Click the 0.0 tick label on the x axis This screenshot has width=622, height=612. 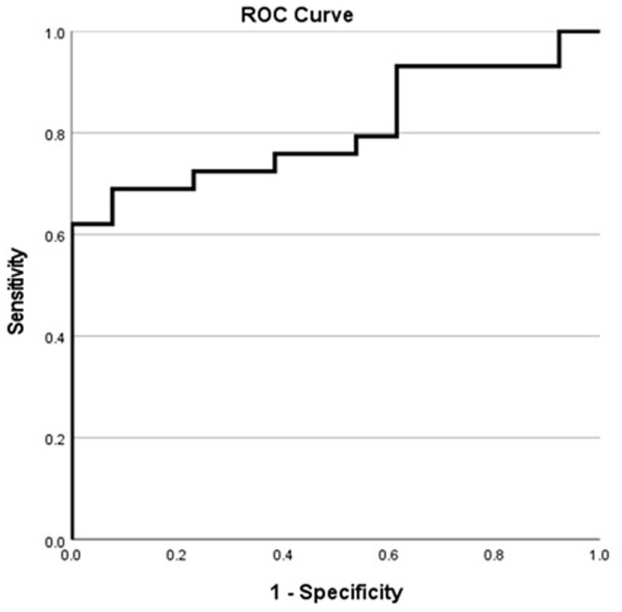click(x=72, y=555)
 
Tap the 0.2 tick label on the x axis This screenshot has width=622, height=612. click(x=178, y=555)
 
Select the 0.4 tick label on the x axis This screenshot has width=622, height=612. click(x=283, y=555)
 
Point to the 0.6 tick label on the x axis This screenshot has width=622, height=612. click(x=388, y=555)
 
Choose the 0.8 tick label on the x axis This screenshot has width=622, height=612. click(x=494, y=555)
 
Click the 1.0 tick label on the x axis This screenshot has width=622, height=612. click(x=599, y=555)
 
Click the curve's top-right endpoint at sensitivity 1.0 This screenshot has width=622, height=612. click(x=599, y=31)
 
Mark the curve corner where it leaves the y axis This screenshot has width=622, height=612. click(x=72, y=224)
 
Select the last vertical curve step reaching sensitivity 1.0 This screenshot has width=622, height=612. click(x=560, y=49)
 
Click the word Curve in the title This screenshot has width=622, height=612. click(x=328, y=15)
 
